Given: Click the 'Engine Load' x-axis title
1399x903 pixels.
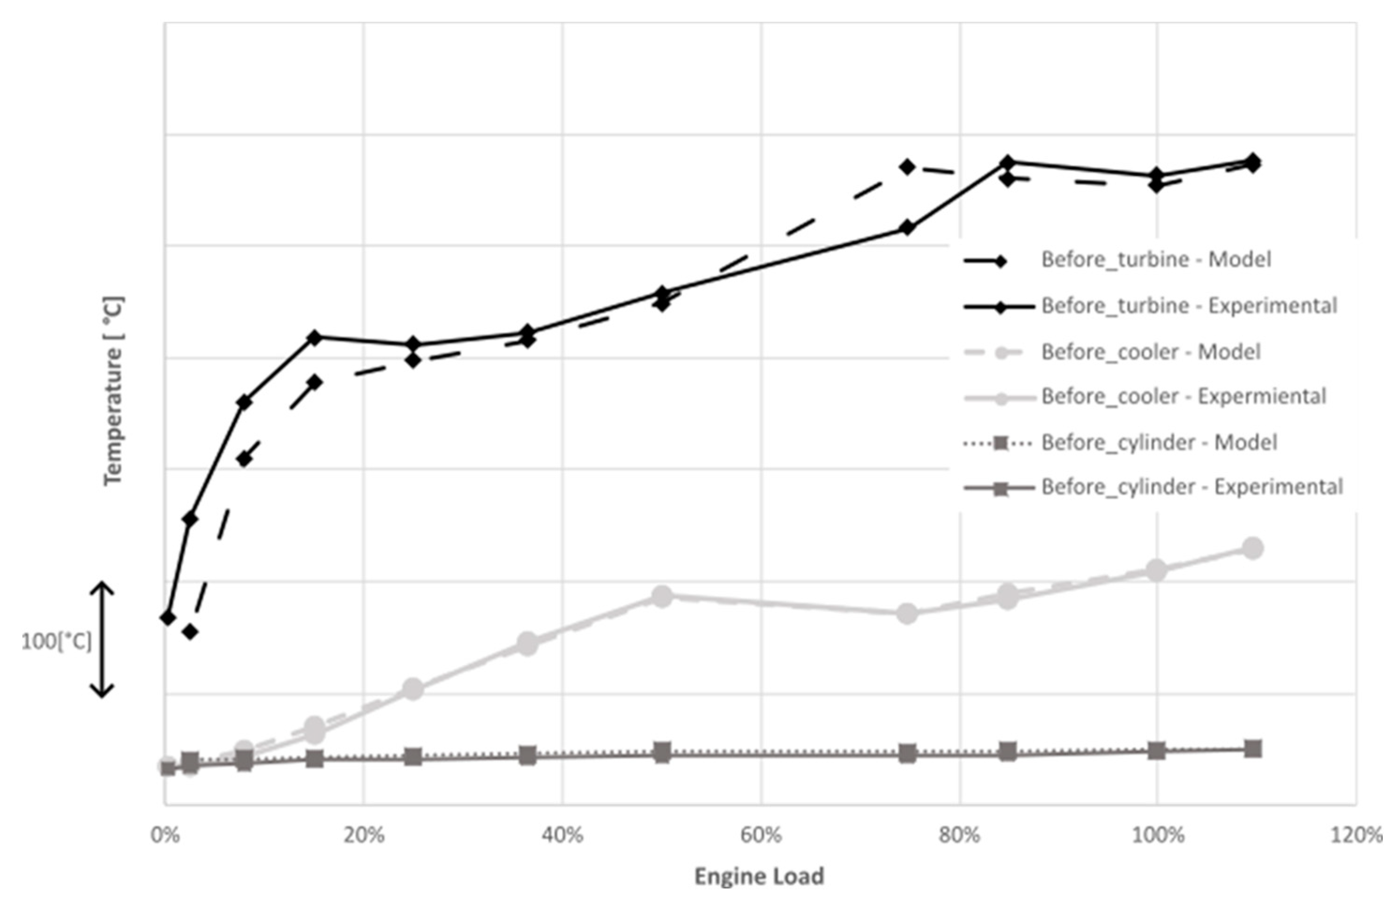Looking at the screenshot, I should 759,876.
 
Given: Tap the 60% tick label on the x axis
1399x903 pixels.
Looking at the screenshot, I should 761,835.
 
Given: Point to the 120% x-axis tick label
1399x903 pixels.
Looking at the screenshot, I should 1356,835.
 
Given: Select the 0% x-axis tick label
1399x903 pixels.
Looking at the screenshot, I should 165,835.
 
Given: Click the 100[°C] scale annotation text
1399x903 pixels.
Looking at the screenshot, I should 56,642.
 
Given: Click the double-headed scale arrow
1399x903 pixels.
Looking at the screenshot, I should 102,639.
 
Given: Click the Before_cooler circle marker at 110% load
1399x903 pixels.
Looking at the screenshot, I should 1252,548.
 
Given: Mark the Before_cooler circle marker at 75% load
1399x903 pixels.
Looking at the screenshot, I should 907,614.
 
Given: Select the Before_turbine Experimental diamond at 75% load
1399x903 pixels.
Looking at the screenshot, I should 907,228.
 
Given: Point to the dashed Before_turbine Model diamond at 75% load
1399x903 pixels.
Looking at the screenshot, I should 907,167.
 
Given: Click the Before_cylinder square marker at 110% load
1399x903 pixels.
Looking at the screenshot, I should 1252,749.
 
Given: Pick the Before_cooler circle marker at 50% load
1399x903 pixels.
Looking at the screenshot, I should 662,596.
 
